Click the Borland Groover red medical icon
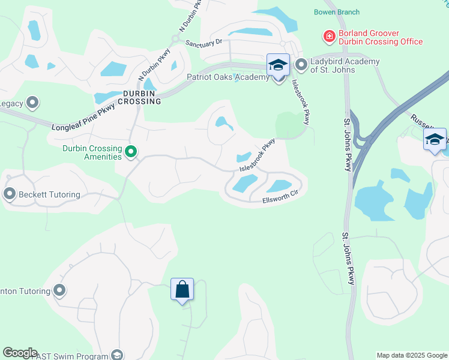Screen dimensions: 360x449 (328, 37)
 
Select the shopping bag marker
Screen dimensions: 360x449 (182, 290)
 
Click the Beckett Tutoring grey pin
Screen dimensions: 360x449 (9, 194)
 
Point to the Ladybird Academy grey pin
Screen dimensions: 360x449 (301, 64)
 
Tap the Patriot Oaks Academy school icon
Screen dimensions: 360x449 (278, 65)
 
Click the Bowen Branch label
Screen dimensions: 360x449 (337, 12)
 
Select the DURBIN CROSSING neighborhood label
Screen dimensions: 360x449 (142, 97)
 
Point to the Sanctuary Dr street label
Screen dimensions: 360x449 (204, 43)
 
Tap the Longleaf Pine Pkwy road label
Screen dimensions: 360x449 (82, 116)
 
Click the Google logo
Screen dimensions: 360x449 (20, 353)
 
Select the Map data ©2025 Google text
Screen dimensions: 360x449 (411, 355)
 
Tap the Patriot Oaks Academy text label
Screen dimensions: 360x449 (228, 77)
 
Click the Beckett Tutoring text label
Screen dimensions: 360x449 (49, 194)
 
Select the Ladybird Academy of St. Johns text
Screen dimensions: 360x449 (345, 66)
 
